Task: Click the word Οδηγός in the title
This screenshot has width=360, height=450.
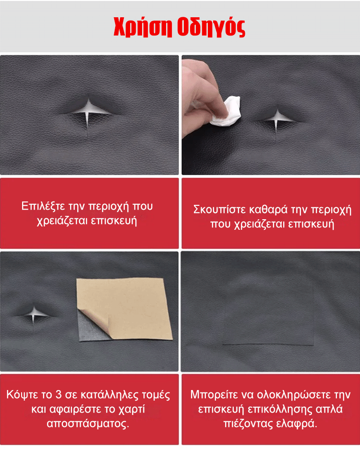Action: click(x=211, y=27)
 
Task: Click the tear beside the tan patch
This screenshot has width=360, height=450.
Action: click(x=34, y=314)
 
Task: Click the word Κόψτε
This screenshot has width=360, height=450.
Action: click(x=22, y=395)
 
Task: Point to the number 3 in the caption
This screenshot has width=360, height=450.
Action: click(x=59, y=395)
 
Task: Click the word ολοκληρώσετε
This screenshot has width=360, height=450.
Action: click(x=292, y=395)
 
